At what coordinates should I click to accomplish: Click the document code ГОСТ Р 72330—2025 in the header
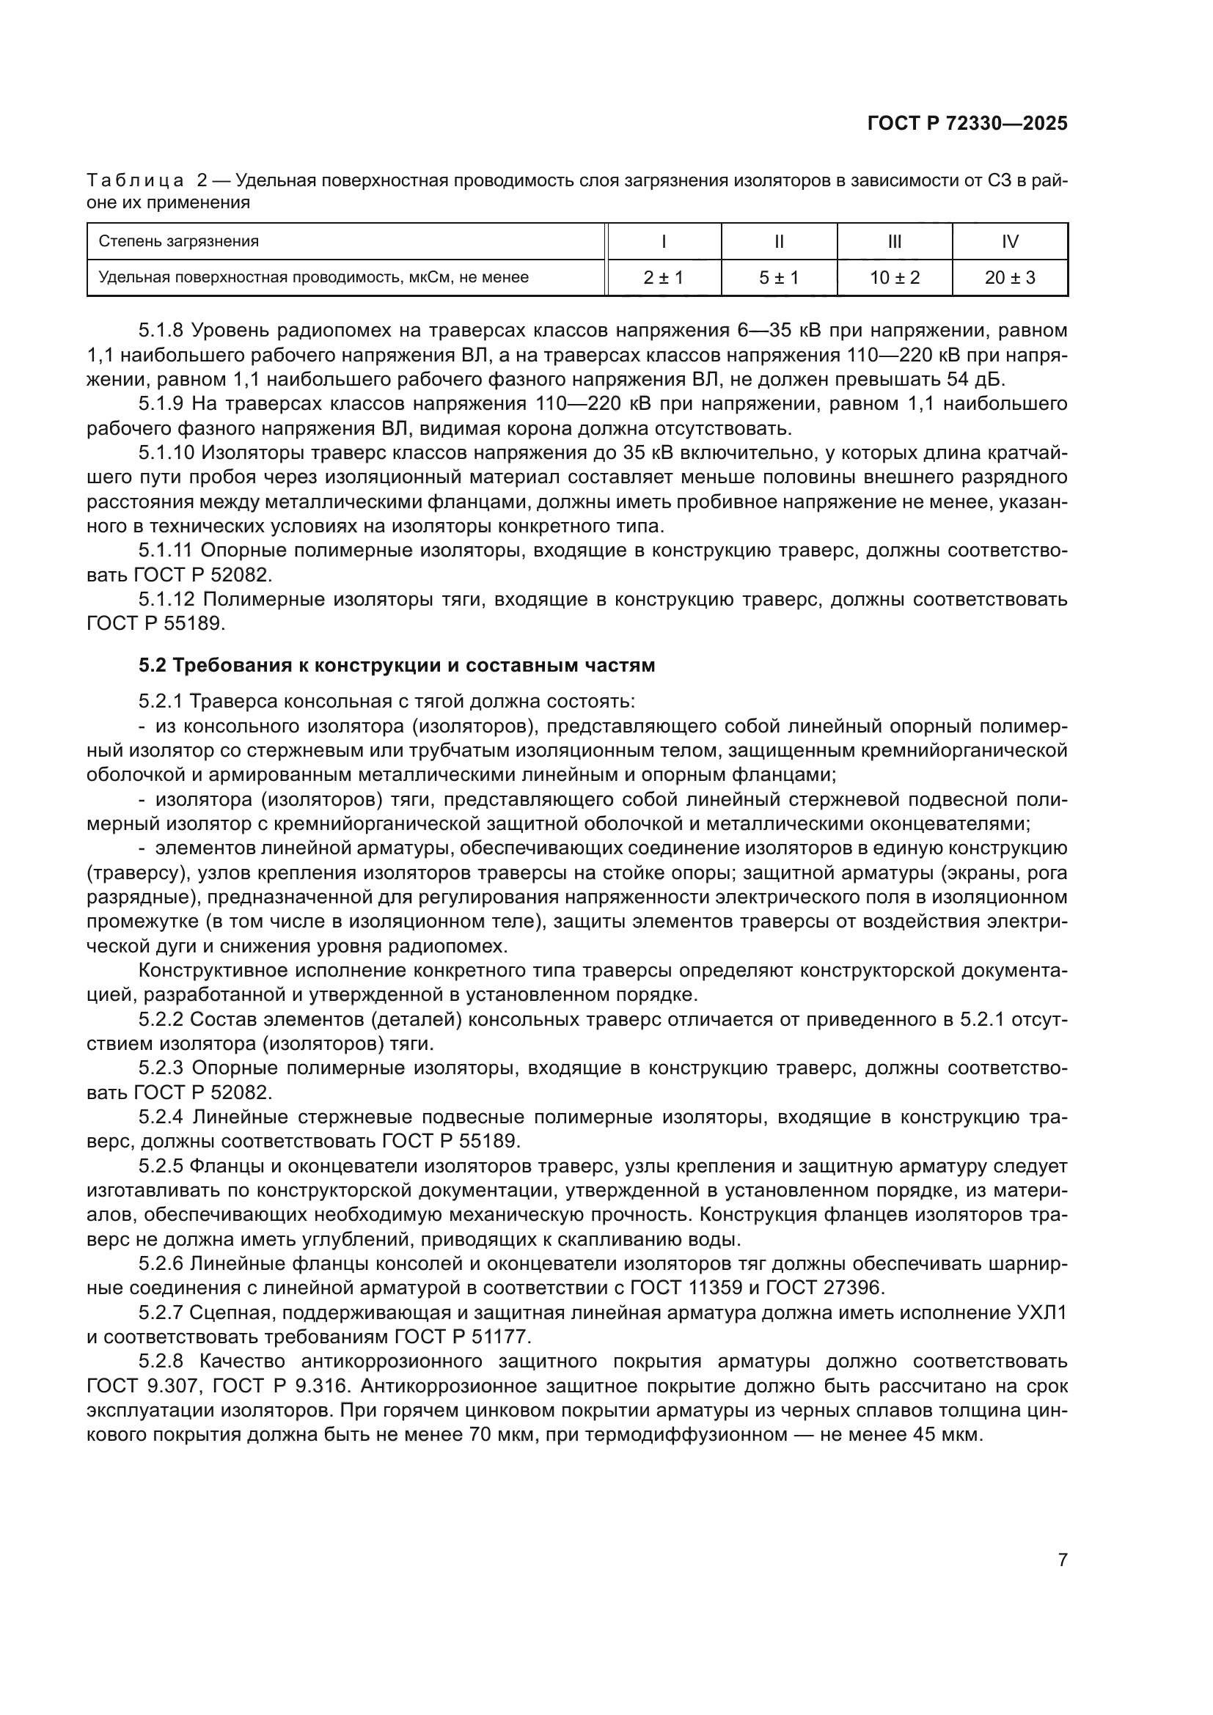[x=967, y=124]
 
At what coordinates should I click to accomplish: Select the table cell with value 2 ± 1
[x=663, y=278]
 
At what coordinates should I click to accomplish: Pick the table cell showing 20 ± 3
[x=1010, y=278]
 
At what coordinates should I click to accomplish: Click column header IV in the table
[x=1010, y=241]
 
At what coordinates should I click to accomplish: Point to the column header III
[x=894, y=241]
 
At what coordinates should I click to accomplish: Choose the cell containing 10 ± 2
[x=894, y=278]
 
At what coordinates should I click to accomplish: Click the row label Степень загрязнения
[x=179, y=241]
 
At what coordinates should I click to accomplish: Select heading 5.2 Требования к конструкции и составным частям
[x=397, y=665]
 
